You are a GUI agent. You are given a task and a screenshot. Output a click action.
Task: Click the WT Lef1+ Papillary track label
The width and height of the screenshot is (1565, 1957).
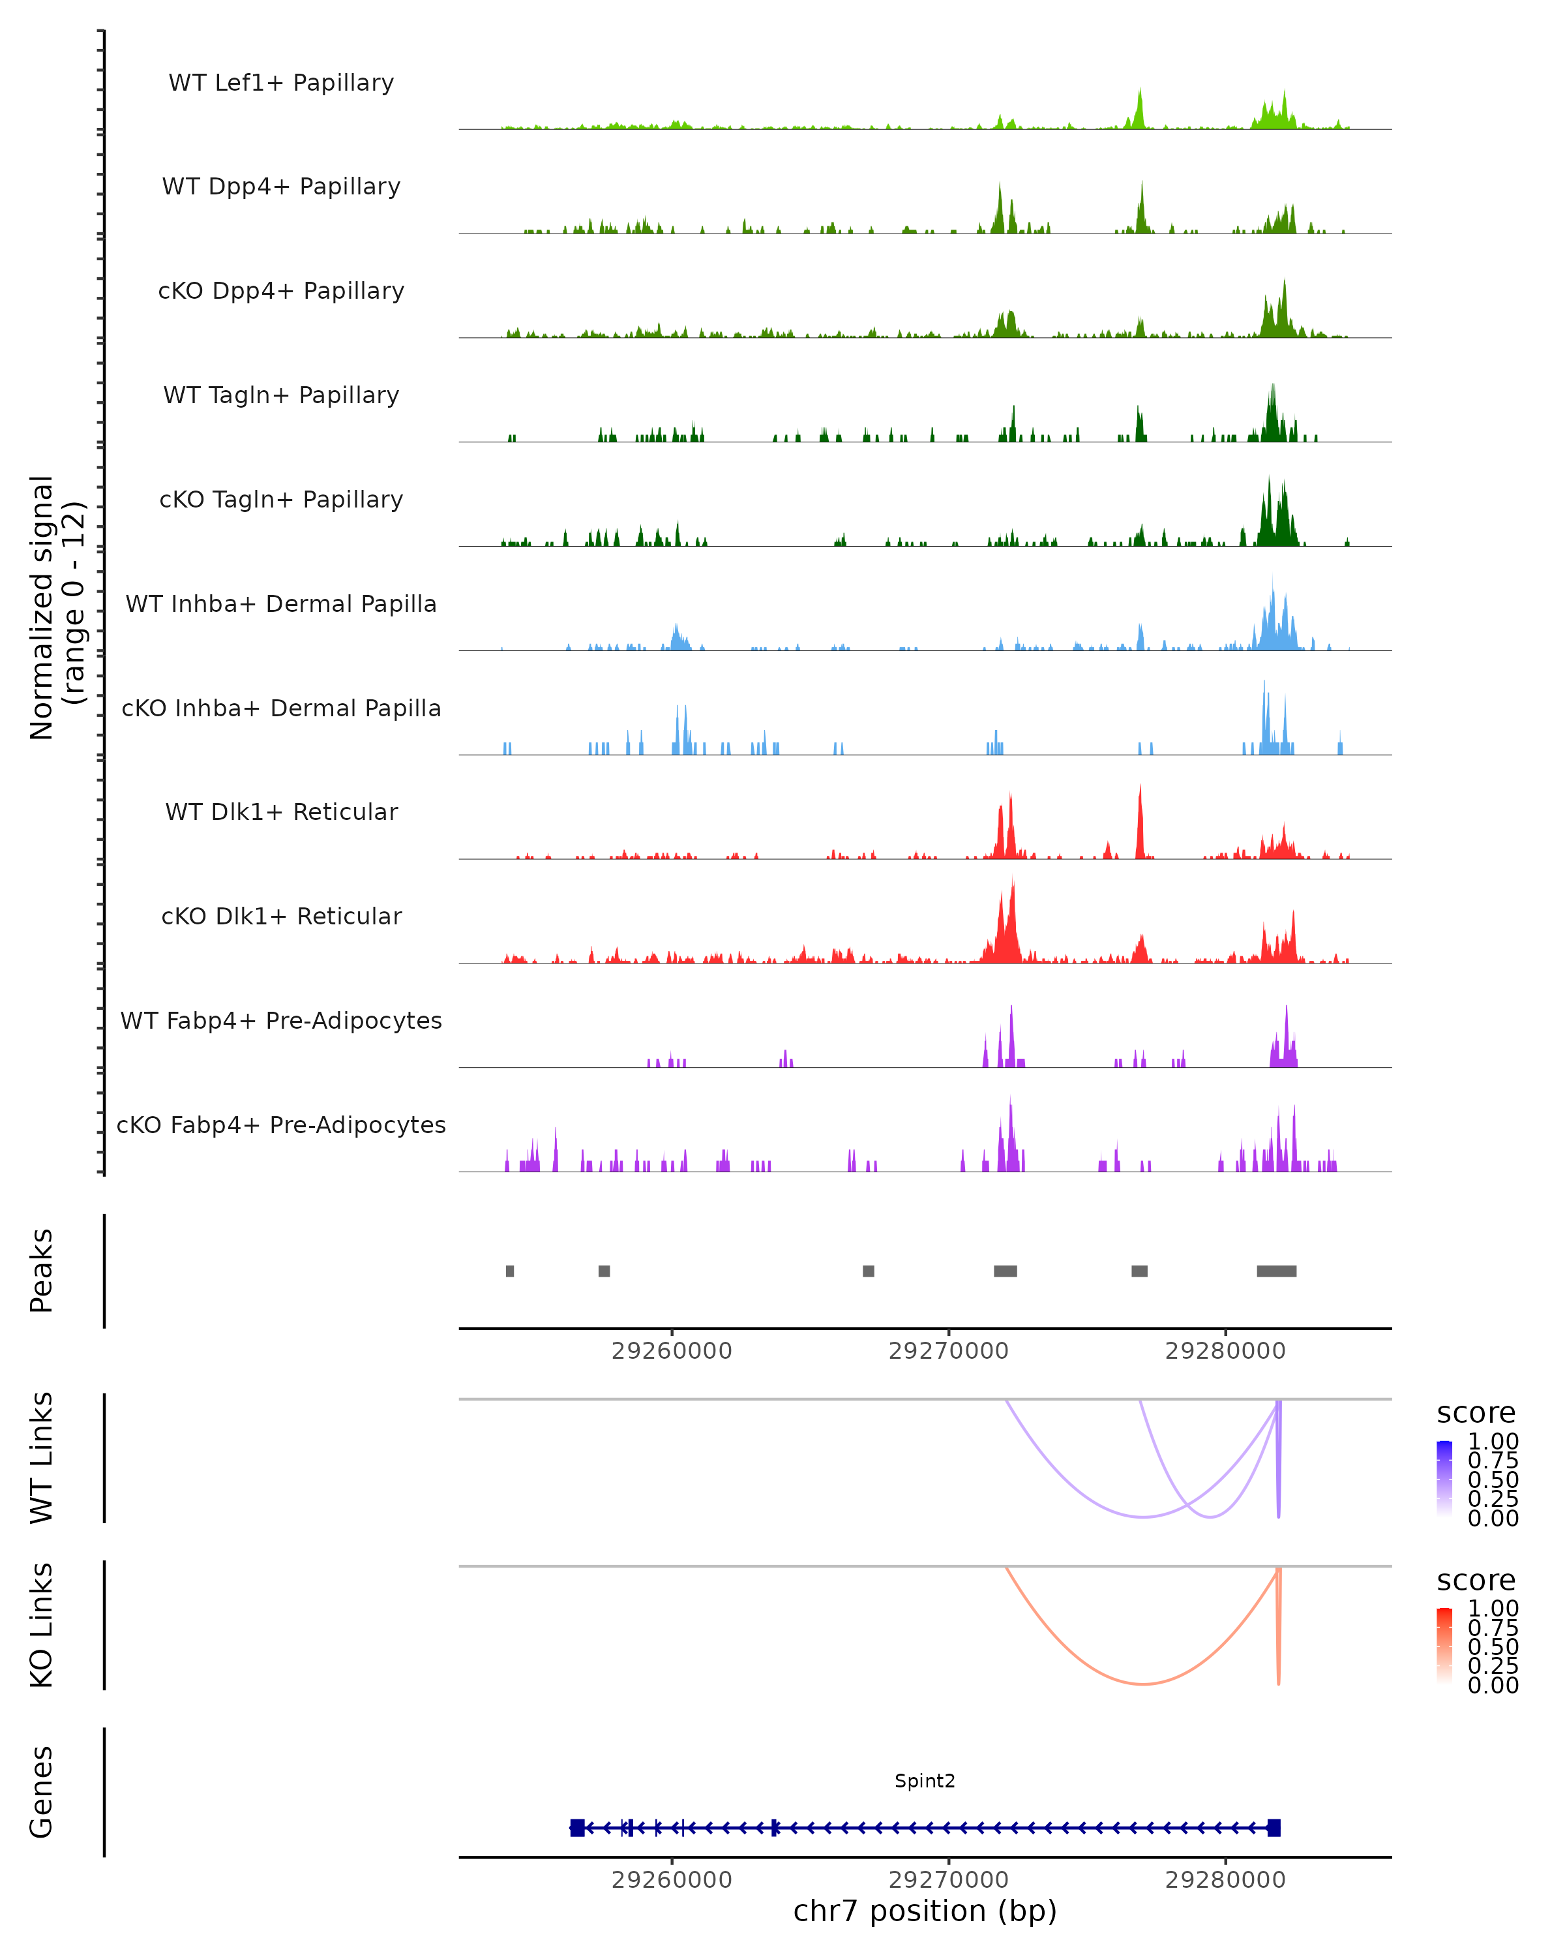click(x=281, y=83)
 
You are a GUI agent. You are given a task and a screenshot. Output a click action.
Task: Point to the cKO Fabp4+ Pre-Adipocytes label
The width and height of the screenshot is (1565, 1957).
click(x=281, y=1125)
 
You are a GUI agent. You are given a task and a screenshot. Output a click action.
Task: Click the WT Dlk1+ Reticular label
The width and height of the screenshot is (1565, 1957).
click(x=281, y=812)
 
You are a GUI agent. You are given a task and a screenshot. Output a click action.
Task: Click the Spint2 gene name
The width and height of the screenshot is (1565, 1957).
click(x=925, y=1780)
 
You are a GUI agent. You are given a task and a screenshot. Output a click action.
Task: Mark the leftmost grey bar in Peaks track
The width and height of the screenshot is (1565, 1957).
click(x=510, y=1271)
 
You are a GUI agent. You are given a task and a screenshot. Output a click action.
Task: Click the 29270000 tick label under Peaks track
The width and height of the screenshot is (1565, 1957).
click(x=948, y=1351)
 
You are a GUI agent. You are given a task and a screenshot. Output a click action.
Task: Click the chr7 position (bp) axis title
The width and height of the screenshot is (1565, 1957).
click(x=925, y=1911)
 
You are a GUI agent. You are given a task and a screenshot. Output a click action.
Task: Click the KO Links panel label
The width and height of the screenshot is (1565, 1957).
click(x=42, y=1625)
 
